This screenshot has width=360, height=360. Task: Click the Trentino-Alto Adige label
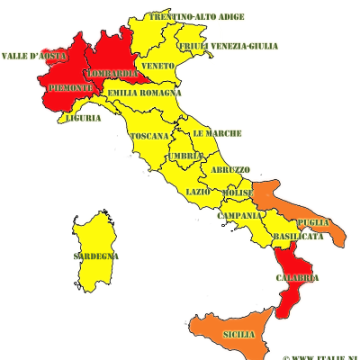pyautogui.click(x=197, y=17)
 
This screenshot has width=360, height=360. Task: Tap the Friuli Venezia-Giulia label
pyautogui.click(x=228, y=46)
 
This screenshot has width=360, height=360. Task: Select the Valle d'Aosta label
pyautogui.click(x=34, y=56)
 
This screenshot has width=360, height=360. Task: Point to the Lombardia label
pyautogui.click(x=113, y=73)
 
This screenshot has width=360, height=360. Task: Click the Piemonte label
pyautogui.click(x=68, y=86)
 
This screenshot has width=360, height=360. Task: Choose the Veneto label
pyautogui.click(x=157, y=67)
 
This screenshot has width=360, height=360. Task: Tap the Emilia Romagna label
pyautogui.click(x=144, y=93)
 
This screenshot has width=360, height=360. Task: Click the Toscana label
pyautogui.click(x=149, y=136)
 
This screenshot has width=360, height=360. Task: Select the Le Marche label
pyautogui.click(x=217, y=133)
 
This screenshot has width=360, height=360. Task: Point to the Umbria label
pyautogui.click(x=185, y=156)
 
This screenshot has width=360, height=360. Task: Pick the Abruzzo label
pyautogui.click(x=231, y=169)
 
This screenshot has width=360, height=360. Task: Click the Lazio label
pyautogui.click(x=198, y=192)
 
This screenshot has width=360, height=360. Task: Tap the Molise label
pyautogui.click(x=238, y=193)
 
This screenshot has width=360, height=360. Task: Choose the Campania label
pyautogui.click(x=239, y=215)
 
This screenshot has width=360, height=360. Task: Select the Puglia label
pyautogui.click(x=313, y=221)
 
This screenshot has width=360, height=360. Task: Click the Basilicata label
pyautogui.click(x=298, y=236)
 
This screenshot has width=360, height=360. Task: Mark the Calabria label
pyautogui.click(x=298, y=277)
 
